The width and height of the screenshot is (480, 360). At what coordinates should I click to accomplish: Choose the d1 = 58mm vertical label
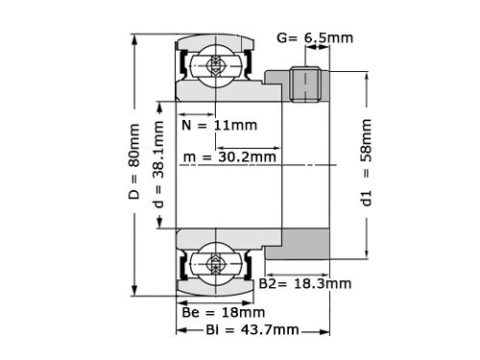tap(367, 164)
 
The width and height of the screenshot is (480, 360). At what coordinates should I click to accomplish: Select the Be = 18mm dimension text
tap(223, 312)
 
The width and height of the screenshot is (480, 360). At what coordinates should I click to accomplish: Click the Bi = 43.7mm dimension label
tap(238, 330)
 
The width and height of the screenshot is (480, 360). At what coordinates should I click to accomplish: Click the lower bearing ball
tap(211, 262)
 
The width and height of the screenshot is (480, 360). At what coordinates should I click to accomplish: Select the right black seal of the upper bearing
tap(246, 66)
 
